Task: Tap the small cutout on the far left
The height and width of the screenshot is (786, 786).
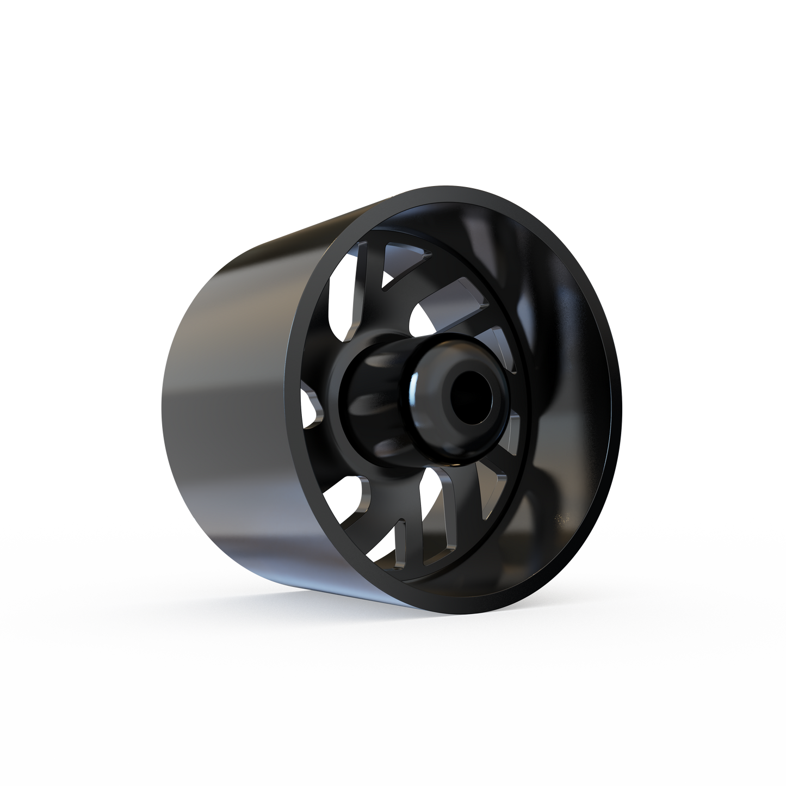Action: pos(311,407)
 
